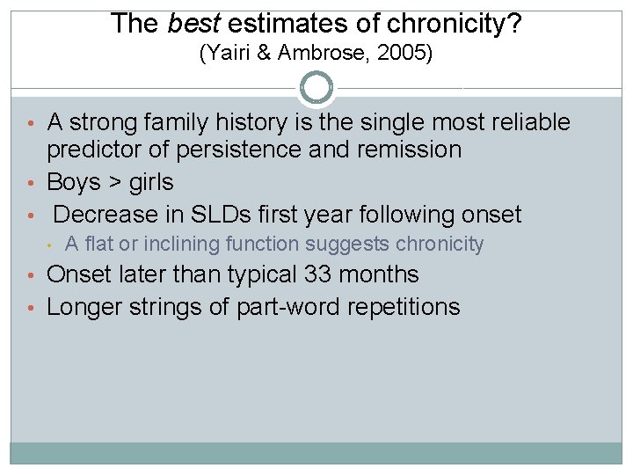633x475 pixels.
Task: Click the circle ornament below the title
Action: [316, 88]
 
